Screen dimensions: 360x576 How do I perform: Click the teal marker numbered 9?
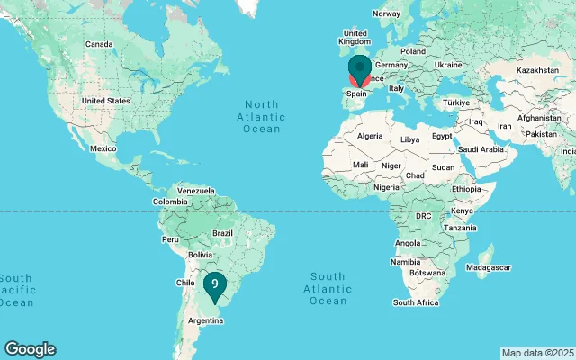214,285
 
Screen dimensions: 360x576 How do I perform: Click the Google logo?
30,349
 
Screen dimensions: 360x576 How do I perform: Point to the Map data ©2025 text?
537,352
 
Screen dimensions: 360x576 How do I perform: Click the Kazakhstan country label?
537,69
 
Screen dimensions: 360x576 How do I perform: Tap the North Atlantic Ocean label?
262,117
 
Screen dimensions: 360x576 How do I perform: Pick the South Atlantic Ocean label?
328,288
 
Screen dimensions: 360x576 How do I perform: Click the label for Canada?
98,44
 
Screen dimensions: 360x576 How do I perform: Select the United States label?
105,101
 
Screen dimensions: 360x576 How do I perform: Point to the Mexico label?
103,148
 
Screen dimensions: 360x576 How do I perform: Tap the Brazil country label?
222,233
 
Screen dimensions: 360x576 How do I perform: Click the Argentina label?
205,320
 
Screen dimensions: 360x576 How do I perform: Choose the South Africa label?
416,302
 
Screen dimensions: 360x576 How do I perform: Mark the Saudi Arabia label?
480,149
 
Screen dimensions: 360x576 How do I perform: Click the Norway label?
386,13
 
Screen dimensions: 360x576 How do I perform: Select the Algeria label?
370,136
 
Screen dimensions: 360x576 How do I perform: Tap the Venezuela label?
196,191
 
